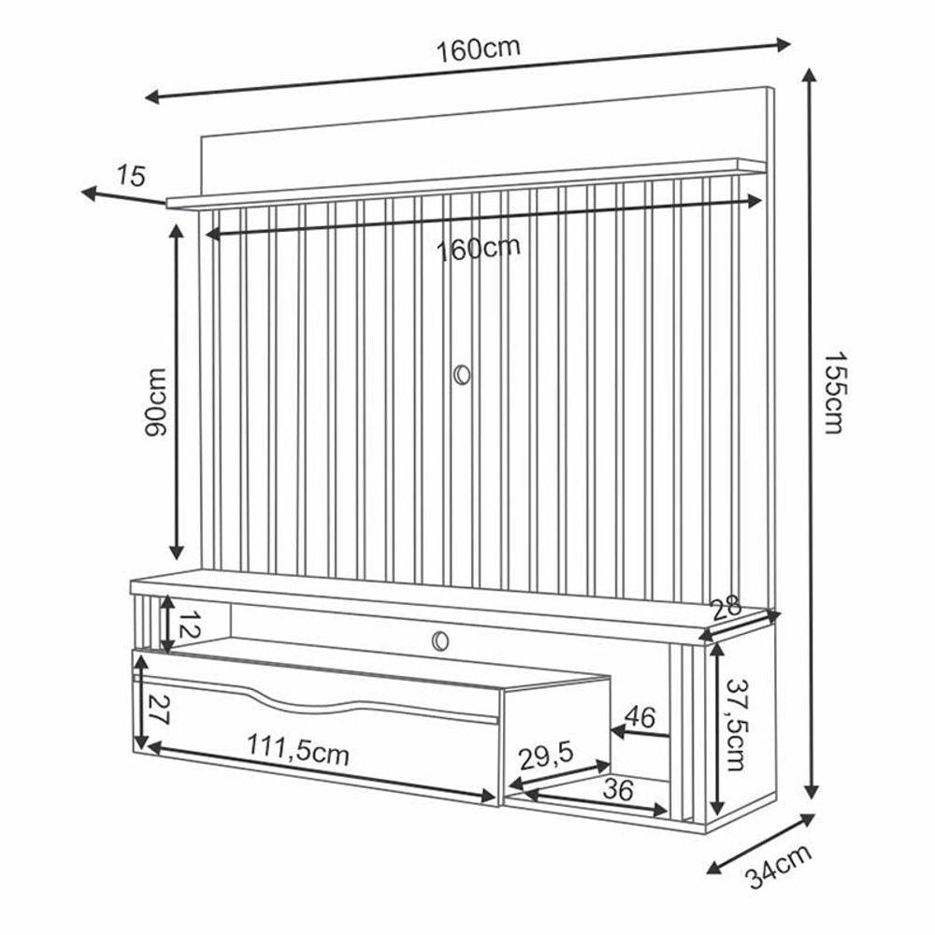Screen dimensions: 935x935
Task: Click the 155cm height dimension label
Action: [834, 393]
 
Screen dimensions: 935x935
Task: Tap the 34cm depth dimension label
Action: [779, 866]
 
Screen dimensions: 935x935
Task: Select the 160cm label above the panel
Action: [478, 50]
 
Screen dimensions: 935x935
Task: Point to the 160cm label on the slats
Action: [478, 248]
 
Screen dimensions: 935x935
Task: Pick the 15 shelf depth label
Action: [131, 177]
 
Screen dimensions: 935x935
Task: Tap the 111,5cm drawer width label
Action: [297, 749]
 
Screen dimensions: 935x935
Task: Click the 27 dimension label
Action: [157, 710]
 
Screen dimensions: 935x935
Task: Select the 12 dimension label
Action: [189, 625]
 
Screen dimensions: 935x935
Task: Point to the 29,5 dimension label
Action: [546, 757]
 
